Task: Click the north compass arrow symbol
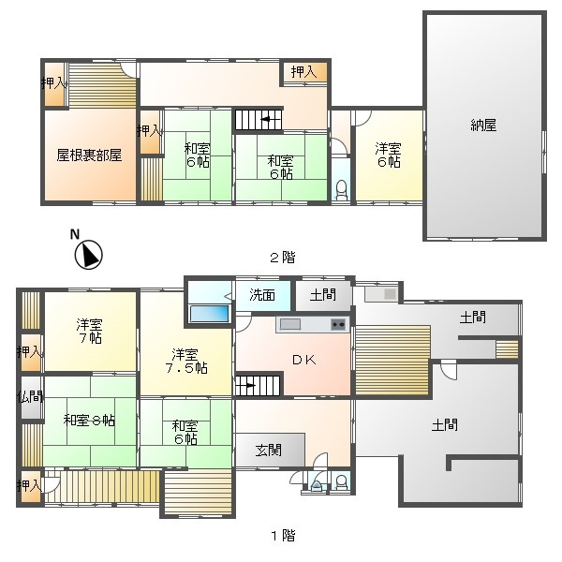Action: point(89,255)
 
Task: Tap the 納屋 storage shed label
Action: point(483,126)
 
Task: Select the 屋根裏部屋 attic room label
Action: point(89,155)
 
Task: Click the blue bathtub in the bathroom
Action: point(209,314)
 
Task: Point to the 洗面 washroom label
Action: point(262,295)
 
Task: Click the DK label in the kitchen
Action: point(303,360)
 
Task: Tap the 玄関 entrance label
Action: point(269,451)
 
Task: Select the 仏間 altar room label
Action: point(31,397)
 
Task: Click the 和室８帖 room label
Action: point(89,420)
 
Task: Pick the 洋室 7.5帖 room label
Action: point(186,361)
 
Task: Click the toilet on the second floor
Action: point(342,190)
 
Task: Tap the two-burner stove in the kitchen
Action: point(339,324)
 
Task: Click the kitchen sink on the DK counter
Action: point(290,324)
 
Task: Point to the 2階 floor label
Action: point(283,258)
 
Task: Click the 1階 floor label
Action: point(283,536)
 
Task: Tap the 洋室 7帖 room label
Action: point(89,332)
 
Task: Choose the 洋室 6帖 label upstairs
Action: point(389,155)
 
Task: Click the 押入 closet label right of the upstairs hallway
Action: point(303,72)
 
